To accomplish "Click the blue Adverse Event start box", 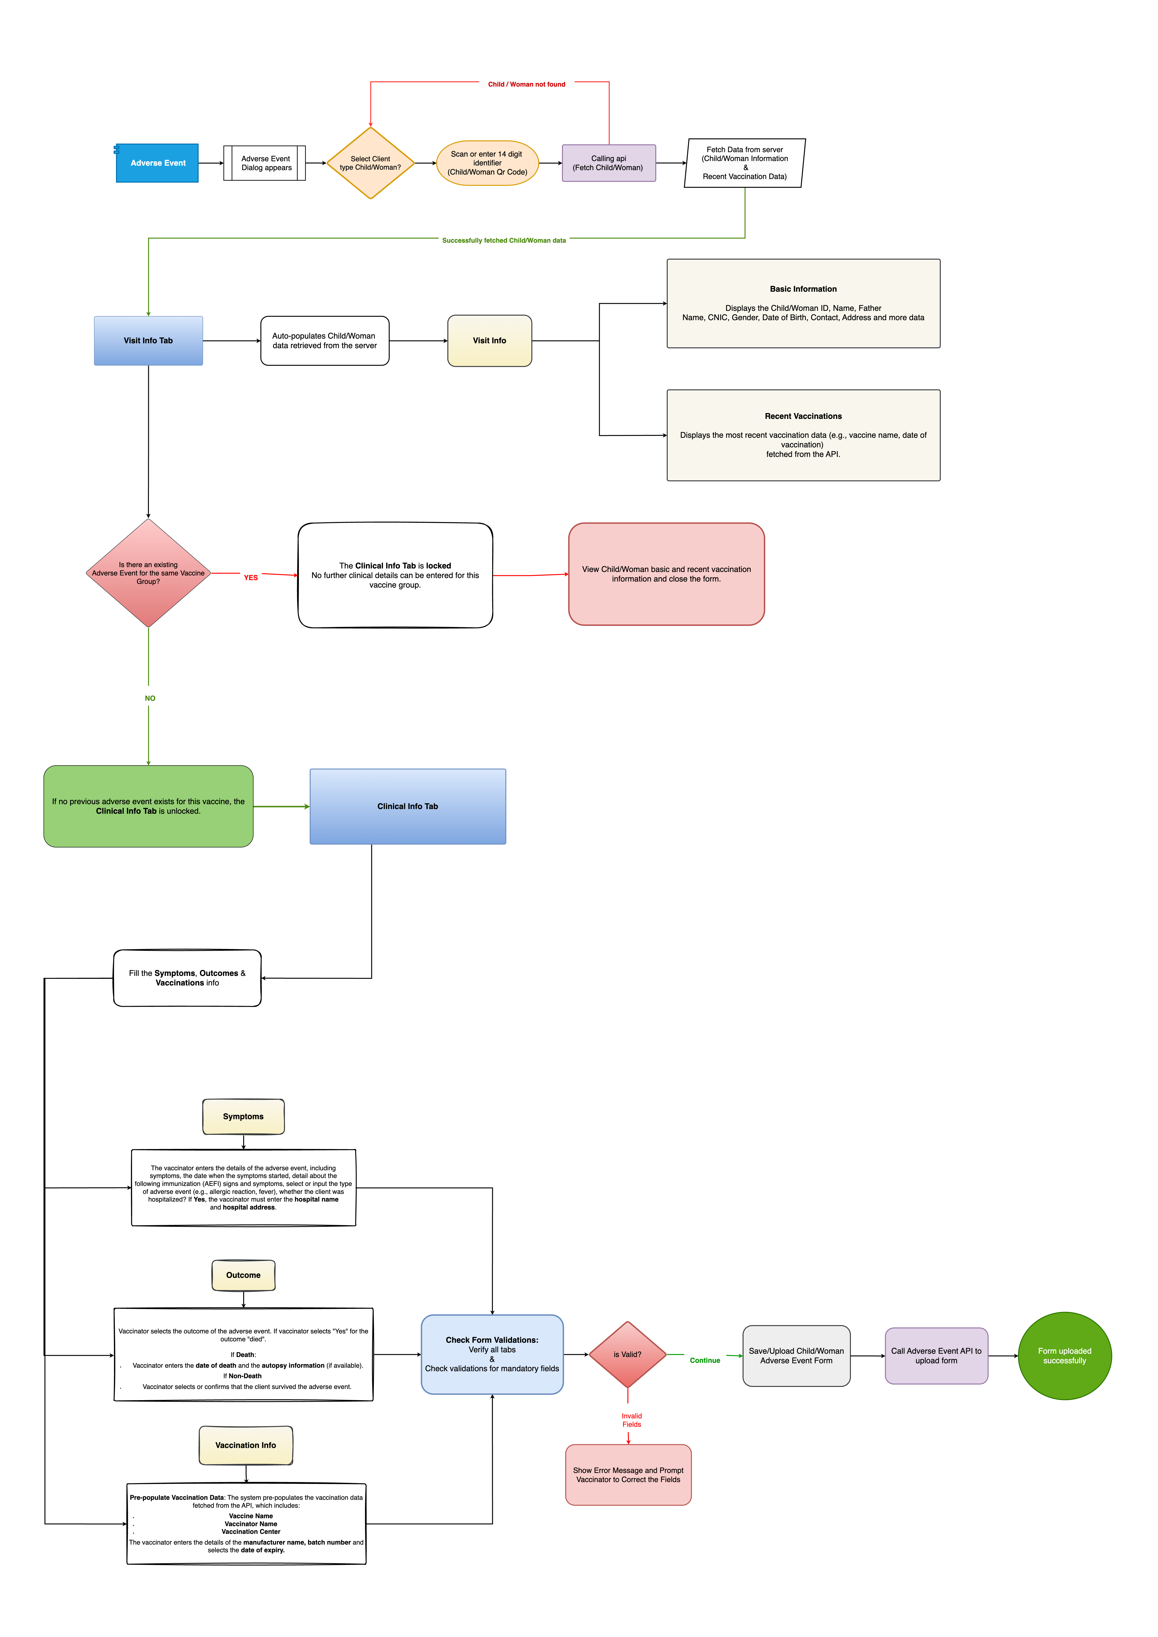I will point(158,163).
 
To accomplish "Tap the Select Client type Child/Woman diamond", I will point(370,163).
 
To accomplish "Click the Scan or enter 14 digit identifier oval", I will point(487,163).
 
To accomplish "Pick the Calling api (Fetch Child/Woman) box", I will point(608,163).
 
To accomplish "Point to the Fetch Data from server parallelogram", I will point(744,163).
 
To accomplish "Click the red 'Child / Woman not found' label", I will point(526,84).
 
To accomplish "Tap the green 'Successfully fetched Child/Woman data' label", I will point(503,240).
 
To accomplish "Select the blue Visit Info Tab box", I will point(148,341).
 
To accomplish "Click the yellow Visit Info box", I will point(489,341).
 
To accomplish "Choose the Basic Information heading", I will point(803,289).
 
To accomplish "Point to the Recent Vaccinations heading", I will point(803,416).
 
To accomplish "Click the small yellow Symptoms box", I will point(243,1117).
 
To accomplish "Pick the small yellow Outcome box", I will point(243,1275).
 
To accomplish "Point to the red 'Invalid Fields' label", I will point(631,1420).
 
